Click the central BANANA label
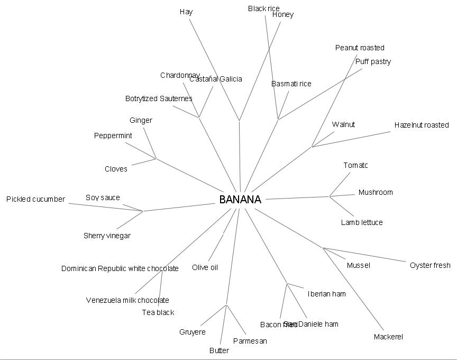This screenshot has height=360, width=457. point(240,200)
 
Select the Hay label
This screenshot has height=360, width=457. point(186,12)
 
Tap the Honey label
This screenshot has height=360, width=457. point(282,14)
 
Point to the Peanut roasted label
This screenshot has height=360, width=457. point(360,48)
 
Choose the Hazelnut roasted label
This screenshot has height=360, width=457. point(421,125)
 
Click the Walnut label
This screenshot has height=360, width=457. point(343,124)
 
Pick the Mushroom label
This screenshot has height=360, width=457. point(376,192)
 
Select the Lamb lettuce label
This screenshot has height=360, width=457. point(362,222)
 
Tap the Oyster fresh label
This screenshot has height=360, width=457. point(430,265)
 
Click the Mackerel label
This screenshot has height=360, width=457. point(388,337)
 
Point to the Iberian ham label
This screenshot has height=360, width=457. point(326,294)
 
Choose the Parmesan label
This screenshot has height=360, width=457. point(250,341)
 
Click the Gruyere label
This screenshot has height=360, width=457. point(193,332)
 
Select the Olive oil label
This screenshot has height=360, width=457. point(205,267)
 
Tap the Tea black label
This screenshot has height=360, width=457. point(158,312)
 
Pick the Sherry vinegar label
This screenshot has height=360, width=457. point(107,236)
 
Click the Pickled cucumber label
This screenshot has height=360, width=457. point(35,199)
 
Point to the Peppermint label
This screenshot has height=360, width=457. point(113,136)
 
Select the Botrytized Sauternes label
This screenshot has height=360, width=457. point(159,98)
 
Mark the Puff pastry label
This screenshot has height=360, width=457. point(373,61)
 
